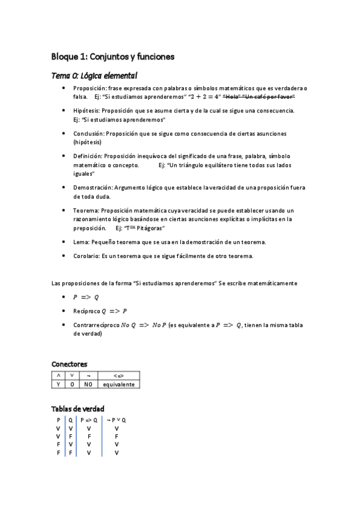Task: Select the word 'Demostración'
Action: [x=92, y=187]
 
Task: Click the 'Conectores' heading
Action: [x=70, y=364]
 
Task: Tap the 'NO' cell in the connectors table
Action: [x=88, y=384]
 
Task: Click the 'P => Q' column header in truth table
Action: [x=89, y=420]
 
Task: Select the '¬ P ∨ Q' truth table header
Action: [x=116, y=420]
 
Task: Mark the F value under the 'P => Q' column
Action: [x=89, y=436]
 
